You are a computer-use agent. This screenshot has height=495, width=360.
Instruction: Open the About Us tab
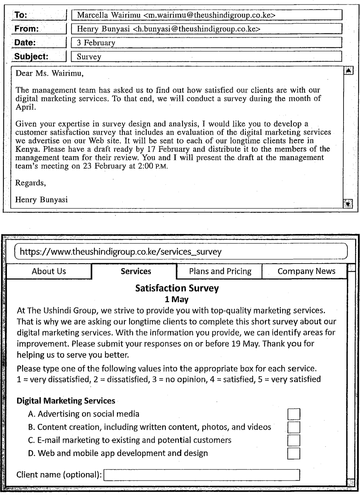tap(49, 272)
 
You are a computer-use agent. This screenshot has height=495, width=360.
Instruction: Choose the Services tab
tap(136, 272)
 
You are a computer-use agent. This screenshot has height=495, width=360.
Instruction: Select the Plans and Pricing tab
tap(220, 272)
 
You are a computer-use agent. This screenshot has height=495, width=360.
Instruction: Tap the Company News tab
tap(306, 272)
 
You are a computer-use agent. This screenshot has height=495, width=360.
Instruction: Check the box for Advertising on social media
tap(294, 414)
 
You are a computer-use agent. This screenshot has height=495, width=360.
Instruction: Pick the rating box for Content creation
tap(294, 427)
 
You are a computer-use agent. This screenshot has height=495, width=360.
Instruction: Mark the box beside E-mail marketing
tap(294, 440)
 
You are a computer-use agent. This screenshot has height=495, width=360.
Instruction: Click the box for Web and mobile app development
tap(294, 454)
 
